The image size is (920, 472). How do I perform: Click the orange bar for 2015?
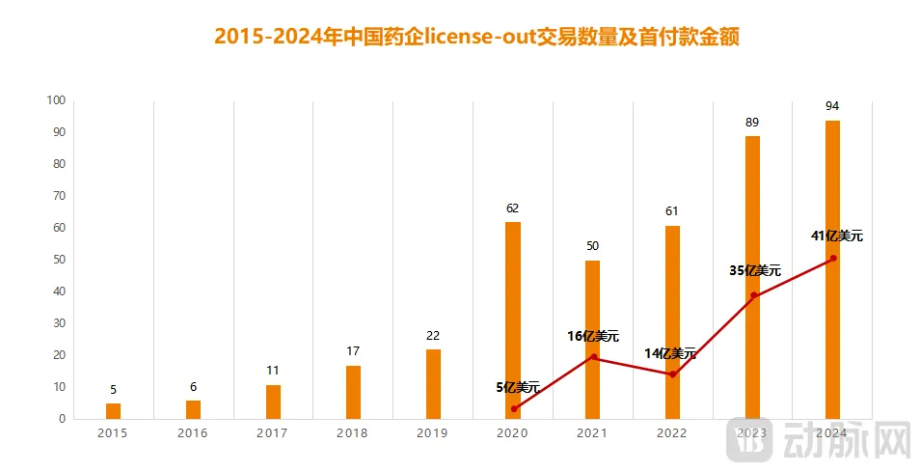pyautogui.click(x=113, y=411)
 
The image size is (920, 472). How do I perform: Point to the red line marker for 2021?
pyautogui.click(x=593, y=357)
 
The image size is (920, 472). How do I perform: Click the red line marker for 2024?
pyautogui.click(x=833, y=259)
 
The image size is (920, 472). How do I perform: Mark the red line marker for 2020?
pyautogui.click(x=514, y=408)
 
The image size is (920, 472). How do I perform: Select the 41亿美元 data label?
pyautogui.click(x=836, y=236)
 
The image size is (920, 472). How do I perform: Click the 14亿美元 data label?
pyautogui.click(x=670, y=353)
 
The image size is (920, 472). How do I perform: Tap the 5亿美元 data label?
pyautogui.click(x=518, y=387)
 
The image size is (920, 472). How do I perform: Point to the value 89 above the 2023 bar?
pyautogui.click(x=752, y=122)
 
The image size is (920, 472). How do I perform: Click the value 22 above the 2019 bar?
pyautogui.click(x=433, y=335)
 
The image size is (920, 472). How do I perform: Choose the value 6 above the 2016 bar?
pyautogui.click(x=193, y=386)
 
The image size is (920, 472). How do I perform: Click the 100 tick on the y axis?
pyautogui.click(x=55, y=100)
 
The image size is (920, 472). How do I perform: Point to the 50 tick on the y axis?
pyautogui.click(x=58, y=260)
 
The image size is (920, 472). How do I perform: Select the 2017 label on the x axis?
pyautogui.click(x=272, y=433)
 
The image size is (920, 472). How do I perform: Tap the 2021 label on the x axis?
pyautogui.click(x=592, y=433)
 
